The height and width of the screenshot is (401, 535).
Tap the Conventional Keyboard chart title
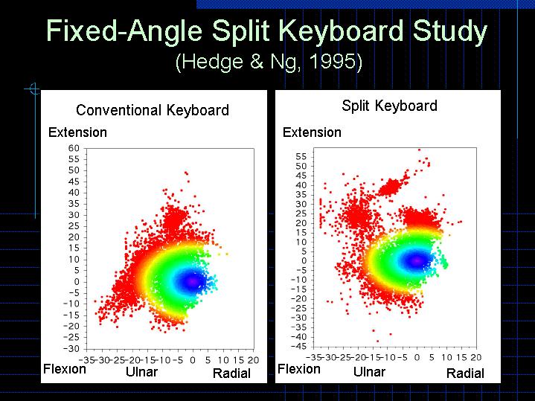click(x=153, y=111)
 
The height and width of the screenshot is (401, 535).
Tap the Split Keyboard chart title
click(x=389, y=106)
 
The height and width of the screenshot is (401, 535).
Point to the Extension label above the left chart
click(x=77, y=132)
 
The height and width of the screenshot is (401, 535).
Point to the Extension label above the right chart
click(x=312, y=132)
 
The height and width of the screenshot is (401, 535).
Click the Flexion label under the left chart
click(x=65, y=369)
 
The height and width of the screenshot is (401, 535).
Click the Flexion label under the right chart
click(x=298, y=369)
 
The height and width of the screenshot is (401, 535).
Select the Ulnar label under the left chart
click(x=141, y=371)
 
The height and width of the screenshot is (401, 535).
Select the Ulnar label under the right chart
click(x=369, y=371)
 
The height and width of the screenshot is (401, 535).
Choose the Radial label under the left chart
click(x=231, y=373)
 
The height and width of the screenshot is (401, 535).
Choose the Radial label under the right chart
click(x=465, y=373)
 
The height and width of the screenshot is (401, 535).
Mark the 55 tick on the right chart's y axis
click(x=301, y=157)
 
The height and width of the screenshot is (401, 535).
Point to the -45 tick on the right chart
click(x=298, y=346)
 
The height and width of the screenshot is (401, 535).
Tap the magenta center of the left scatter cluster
click(x=192, y=281)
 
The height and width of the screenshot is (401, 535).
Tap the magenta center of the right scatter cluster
click(x=416, y=260)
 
